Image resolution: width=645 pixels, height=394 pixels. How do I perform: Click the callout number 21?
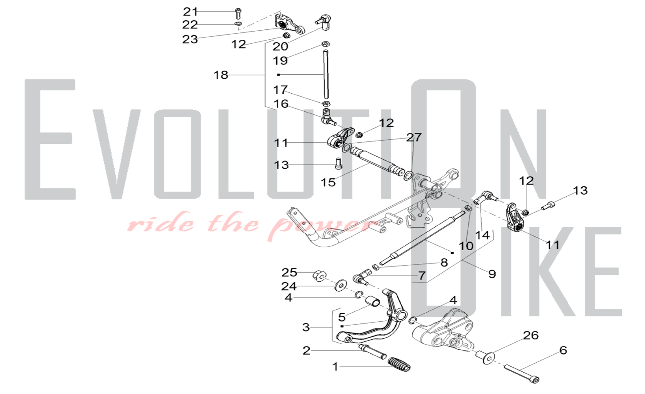pos(190,12)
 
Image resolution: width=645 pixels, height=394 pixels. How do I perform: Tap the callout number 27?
pos(414,138)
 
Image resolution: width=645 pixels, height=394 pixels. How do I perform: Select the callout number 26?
pos(531,336)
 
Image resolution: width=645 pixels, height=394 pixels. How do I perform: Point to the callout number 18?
pos(221,75)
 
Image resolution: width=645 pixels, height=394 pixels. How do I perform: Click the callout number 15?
pos(328,182)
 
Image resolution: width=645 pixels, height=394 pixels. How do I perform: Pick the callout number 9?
pos(492,274)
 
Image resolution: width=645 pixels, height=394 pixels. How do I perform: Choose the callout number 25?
pos(289,273)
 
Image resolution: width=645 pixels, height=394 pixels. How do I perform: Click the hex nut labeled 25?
pos(319,276)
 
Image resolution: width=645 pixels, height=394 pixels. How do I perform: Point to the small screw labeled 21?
pos(238,14)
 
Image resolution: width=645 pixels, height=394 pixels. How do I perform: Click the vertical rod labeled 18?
pos(326,74)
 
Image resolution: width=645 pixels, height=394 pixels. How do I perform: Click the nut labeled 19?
pos(326,44)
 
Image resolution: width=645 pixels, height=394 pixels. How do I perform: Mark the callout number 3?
pos(306,327)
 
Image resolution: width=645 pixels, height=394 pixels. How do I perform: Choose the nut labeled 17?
pos(326,104)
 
